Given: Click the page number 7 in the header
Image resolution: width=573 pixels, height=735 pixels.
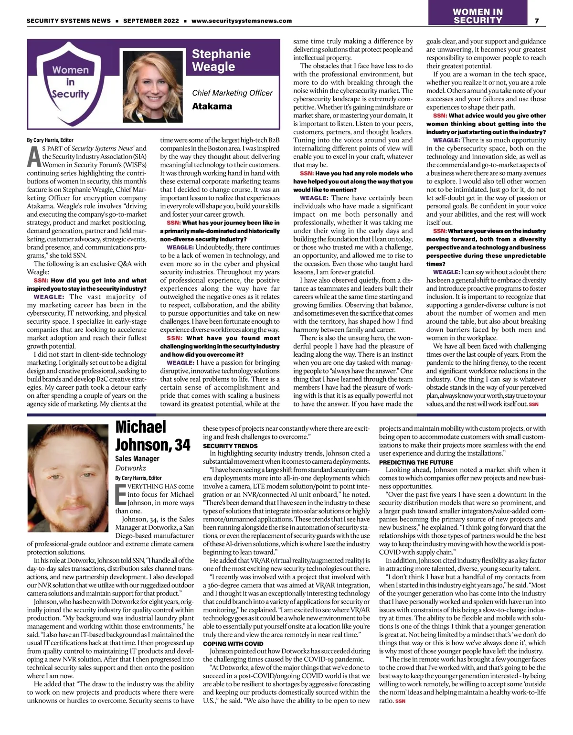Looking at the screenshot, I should (537, 21).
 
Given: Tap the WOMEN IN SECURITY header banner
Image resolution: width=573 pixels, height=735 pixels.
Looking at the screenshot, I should (477, 16).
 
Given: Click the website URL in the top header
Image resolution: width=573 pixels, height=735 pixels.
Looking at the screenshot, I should (241, 21).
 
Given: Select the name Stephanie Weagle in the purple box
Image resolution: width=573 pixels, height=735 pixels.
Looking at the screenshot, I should (221, 60).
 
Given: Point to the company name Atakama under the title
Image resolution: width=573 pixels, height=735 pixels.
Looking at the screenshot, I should (212, 107).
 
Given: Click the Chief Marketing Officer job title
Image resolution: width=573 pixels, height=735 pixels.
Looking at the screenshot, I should (232, 93).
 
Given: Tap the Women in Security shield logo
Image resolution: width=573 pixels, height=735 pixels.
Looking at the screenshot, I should (71, 82).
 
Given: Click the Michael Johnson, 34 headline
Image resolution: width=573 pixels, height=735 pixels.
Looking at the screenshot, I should (153, 435).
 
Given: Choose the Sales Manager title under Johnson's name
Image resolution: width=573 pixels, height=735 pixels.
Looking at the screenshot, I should (137, 458).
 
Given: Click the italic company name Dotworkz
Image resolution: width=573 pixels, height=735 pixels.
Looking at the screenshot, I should (130, 468).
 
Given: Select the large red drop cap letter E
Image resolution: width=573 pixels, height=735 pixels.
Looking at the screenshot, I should (120, 494).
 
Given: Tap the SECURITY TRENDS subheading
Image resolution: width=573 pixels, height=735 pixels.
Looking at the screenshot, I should (230, 446).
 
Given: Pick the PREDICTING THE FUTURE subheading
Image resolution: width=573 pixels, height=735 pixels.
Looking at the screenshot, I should (416, 462).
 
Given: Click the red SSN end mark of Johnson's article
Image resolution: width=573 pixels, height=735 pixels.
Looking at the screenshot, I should (400, 701).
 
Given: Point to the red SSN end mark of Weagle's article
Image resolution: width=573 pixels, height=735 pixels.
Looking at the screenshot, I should (533, 404).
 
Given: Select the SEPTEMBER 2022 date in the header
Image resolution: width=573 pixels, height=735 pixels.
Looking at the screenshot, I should (151, 21).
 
